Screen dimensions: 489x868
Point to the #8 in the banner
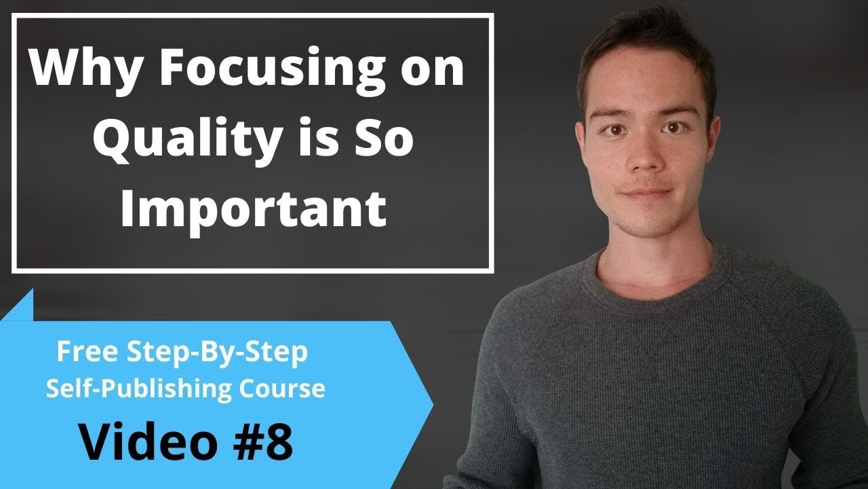click(x=262, y=442)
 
